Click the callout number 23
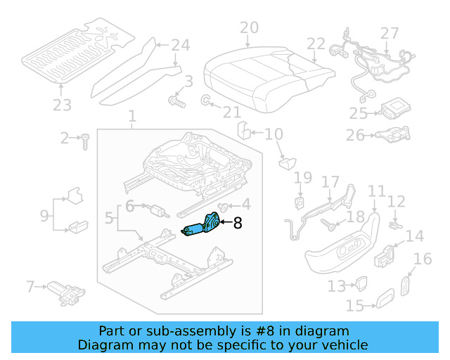pos(62,105)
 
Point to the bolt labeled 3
pos(174,103)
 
